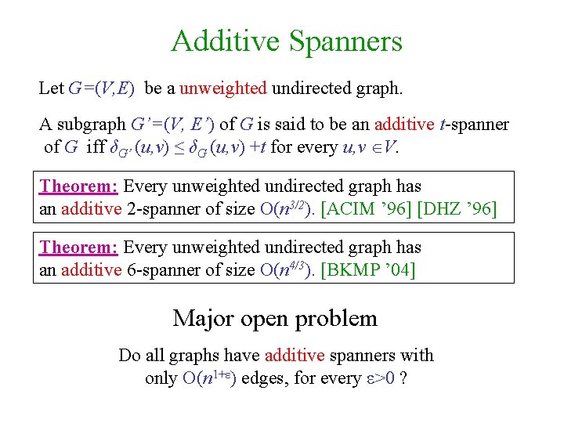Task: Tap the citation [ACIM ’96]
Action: point(364,209)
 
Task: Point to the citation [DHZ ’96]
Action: point(457,209)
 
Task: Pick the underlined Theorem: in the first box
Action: point(79,186)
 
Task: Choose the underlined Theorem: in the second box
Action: point(79,248)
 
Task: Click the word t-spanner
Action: point(476,125)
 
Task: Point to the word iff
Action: point(96,146)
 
